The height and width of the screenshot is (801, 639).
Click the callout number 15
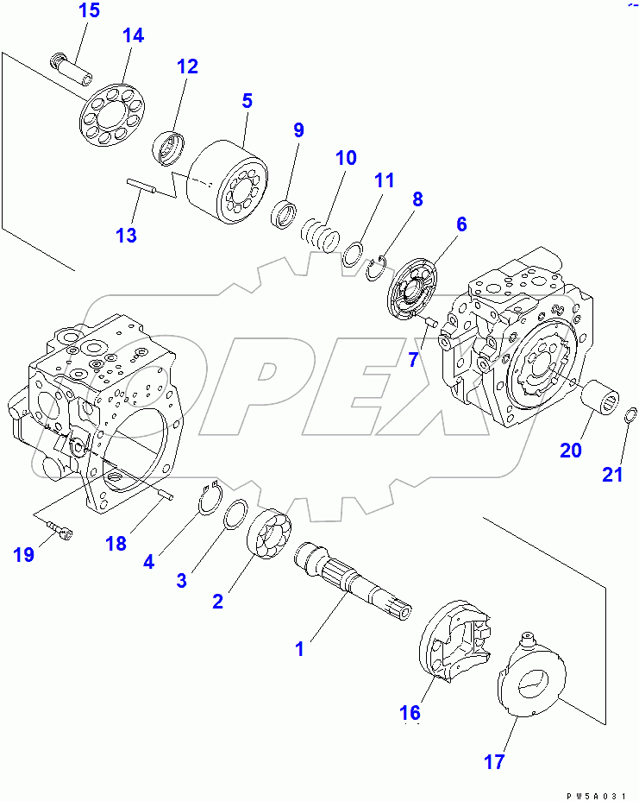(x=89, y=11)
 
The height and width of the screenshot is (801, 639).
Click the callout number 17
(x=494, y=762)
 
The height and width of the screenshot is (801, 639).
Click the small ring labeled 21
(x=630, y=419)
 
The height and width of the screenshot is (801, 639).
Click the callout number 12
(x=187, y=66)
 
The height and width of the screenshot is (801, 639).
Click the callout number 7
(x=412, y=359)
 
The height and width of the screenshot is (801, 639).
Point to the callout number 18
(x=116, y=543)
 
